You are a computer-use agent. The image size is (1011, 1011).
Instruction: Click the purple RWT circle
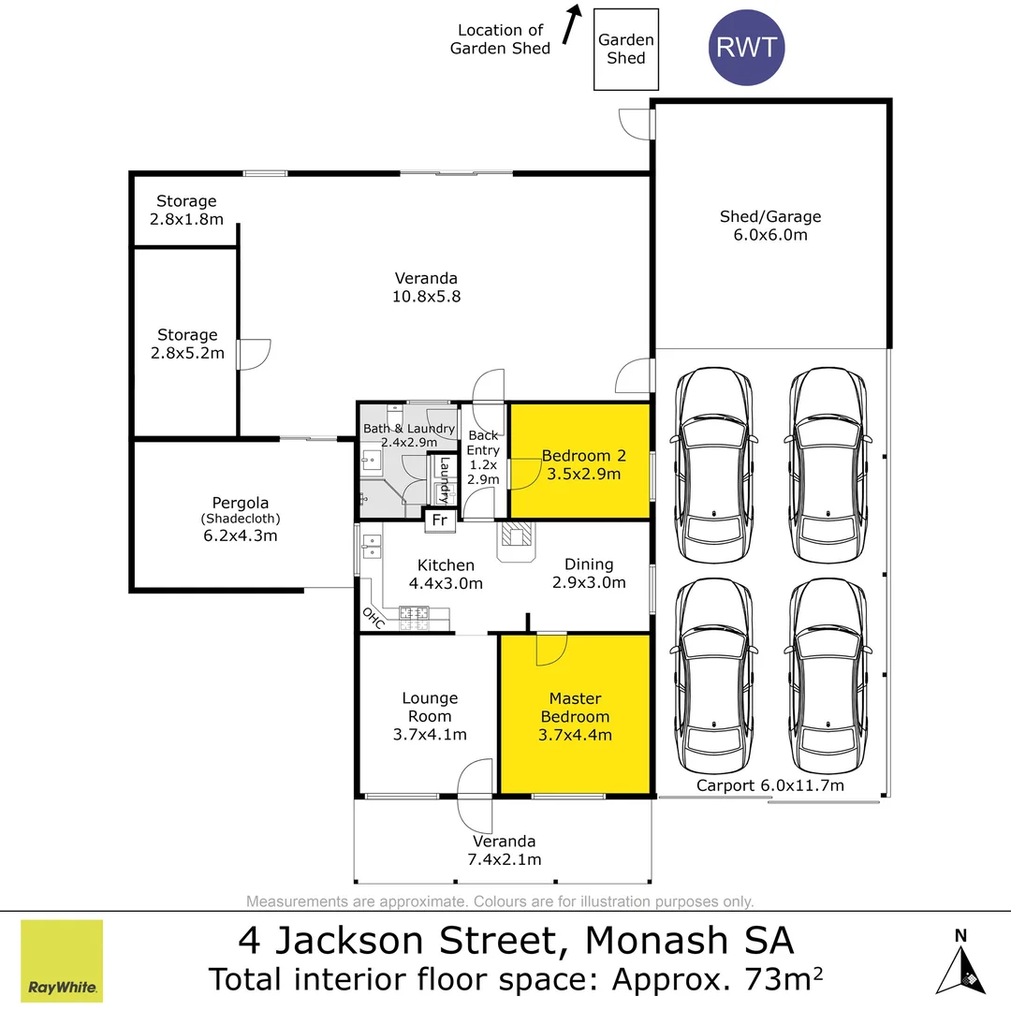pos(746,47)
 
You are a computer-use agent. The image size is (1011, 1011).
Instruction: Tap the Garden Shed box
pos(626,49)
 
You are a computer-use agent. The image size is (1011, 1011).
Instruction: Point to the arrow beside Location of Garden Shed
pos(572,24)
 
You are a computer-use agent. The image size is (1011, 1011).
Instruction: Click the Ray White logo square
pos(62,960)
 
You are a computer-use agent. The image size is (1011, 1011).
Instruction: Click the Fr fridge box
pos(440,520)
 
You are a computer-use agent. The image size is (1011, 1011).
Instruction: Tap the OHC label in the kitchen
pos(374,618)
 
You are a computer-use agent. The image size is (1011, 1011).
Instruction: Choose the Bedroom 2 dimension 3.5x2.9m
pos(583,474)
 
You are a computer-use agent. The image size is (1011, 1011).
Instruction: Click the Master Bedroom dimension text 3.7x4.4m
pos(575,735)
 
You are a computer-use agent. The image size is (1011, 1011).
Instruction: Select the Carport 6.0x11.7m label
pos(769,785)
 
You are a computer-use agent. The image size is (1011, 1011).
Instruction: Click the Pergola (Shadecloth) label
pos(241,510)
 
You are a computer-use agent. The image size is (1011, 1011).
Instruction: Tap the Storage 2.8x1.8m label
pos(186,211)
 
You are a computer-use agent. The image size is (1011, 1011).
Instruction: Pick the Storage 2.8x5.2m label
pos(187,344)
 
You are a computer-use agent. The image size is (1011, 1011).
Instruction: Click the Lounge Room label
pos(430,707)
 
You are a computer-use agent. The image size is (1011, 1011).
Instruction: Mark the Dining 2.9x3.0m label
pos(589,573)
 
